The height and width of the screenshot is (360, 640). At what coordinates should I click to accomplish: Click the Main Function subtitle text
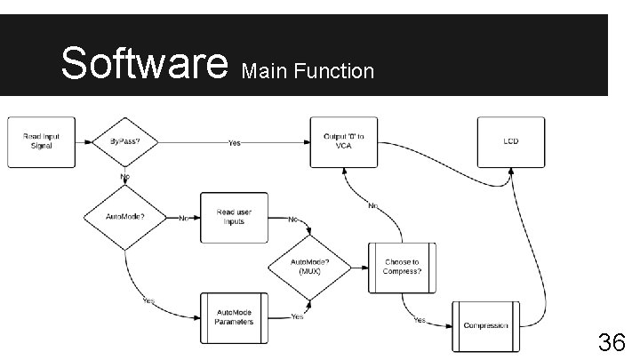point(308,70)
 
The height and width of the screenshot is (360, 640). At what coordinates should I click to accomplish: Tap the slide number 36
point(611,341)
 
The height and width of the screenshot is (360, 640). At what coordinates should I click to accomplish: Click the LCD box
point(510,141)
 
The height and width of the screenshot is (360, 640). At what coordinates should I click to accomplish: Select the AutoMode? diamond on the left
point(125,217)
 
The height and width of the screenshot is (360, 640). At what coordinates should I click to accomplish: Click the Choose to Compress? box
point(403,267)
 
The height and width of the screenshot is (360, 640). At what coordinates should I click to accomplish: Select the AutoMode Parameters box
point(234,317)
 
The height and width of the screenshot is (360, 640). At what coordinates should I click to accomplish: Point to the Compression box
point(486,325)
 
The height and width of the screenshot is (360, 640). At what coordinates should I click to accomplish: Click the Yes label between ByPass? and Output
point(234,142)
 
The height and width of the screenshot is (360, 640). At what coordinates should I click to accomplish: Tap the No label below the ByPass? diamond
point(125,178)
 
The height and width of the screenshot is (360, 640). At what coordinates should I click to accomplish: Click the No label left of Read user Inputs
point(184,218)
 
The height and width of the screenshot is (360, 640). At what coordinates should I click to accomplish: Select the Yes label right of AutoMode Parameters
point(297,316)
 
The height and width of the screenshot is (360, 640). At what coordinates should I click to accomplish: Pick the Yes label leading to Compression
point(419,319)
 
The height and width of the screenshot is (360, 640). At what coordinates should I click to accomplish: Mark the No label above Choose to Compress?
point(374,206)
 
